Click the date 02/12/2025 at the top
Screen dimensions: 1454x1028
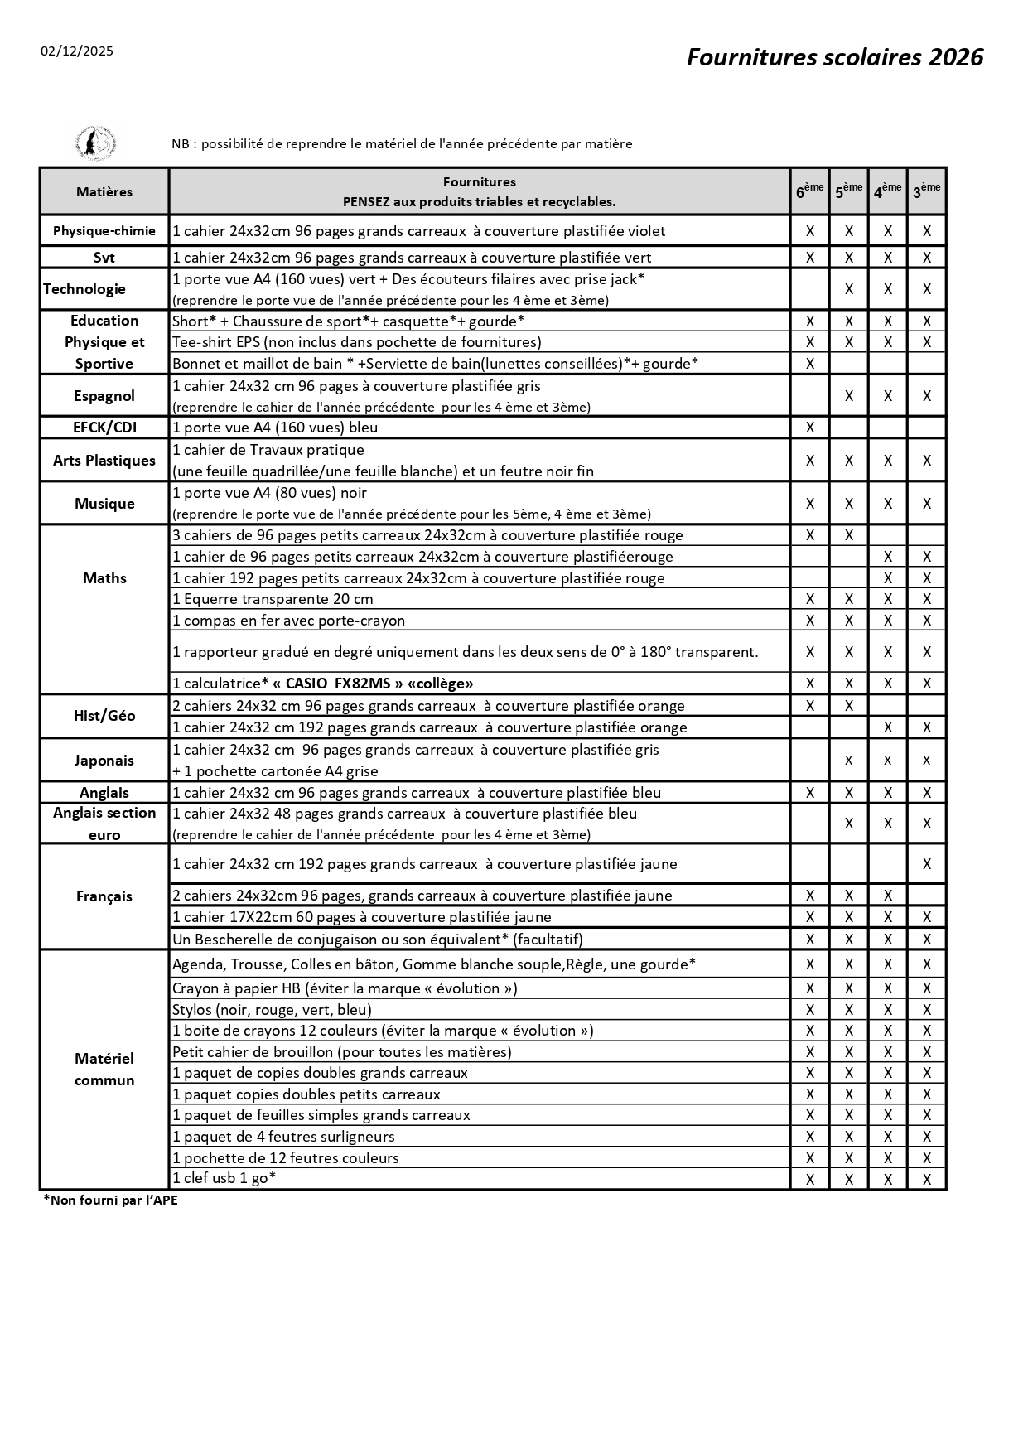tap(77, 51)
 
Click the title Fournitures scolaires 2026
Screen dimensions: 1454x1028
tap(834, 57)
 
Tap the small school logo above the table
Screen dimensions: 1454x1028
tap(95, 143)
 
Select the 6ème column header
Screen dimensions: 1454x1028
tap(809, 191)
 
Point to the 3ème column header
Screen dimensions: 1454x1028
tap(926, 191)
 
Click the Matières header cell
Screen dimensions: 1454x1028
tap(104, 192)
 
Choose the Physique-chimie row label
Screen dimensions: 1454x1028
tap(104, 231)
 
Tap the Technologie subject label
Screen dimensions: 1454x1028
tap(84, 289)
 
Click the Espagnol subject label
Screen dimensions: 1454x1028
tap(104, 396)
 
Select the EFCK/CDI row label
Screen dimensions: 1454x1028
tap(104, 428)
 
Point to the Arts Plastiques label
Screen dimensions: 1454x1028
tap(104, 461)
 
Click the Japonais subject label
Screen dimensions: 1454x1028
tap(104, 761)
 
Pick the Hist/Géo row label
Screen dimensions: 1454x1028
tap(104, 716)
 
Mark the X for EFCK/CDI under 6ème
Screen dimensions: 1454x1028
tap(810, 428)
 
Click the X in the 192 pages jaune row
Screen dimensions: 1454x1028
tap(927, 864)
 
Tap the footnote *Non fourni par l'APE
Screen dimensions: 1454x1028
tap(110, 1200)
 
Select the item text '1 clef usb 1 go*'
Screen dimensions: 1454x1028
tap(224, 1178)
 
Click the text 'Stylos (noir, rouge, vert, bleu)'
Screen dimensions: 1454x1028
tap(272, 1009)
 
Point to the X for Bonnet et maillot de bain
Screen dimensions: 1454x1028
tap(810, 363)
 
